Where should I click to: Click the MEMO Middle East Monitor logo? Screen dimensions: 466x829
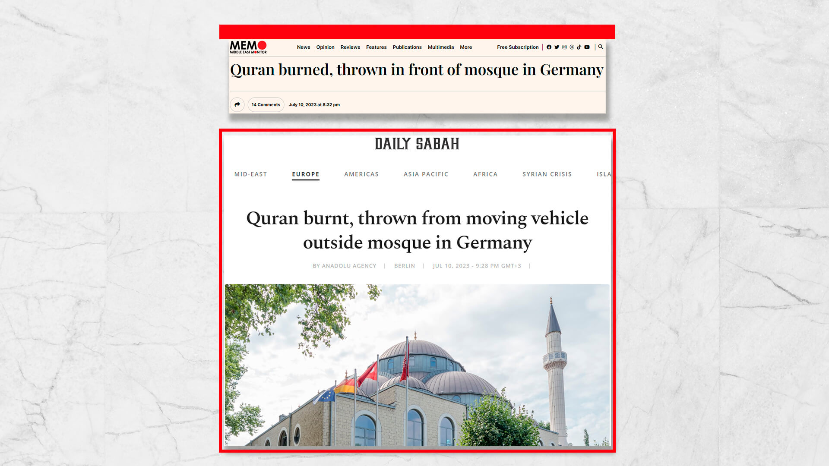coord(248,47)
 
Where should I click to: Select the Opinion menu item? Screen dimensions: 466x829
coord(325,47)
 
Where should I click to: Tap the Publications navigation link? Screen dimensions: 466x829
coord(407,47)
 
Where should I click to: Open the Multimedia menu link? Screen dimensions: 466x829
coord(440,47)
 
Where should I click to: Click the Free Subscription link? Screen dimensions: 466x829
coord(517,47)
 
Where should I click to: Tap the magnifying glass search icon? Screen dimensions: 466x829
coord(601,47)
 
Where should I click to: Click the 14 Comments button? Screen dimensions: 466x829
coord(266,105)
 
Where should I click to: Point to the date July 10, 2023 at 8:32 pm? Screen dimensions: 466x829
coord(314,105)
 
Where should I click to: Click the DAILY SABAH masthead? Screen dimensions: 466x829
coord(417,144)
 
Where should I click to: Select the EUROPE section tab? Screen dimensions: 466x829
coord(305,174)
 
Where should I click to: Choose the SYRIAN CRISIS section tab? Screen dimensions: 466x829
coord(547,174)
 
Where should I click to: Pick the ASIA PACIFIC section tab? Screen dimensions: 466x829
coord(426,174)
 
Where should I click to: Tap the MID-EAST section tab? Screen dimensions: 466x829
coord(250,174)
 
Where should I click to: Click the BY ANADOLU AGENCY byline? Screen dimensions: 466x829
coord(344,266)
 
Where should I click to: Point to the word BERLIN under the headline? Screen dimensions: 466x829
coord(404,266)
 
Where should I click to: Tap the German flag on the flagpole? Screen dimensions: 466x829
coord(345,385)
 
